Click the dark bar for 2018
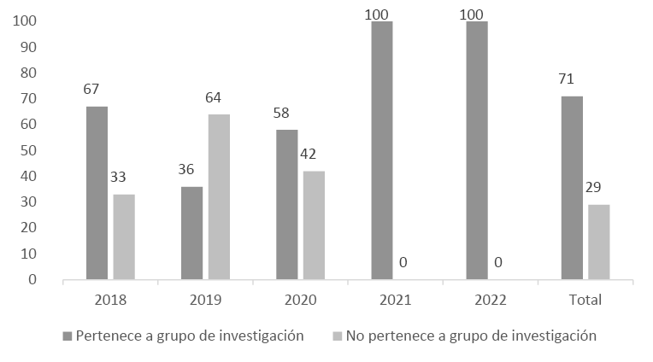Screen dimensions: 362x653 (97, 193)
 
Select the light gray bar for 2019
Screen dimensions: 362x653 (219, 196)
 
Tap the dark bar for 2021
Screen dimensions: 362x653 (382, 150)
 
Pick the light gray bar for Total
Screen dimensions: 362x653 (599, 242)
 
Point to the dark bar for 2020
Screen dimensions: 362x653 (287, 205)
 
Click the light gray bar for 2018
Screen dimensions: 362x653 (124, 236)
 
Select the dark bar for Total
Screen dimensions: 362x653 (572, 188)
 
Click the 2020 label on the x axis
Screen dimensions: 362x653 (300, 300)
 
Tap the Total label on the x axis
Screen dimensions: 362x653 (585, 300)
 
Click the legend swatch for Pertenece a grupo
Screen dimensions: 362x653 (68, 336)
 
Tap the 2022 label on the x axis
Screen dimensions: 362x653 (490, 300)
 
